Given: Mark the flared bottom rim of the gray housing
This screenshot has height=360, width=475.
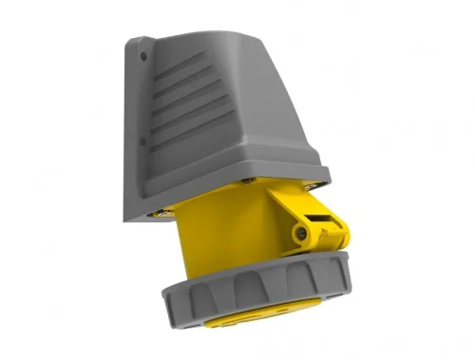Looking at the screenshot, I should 256,171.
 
